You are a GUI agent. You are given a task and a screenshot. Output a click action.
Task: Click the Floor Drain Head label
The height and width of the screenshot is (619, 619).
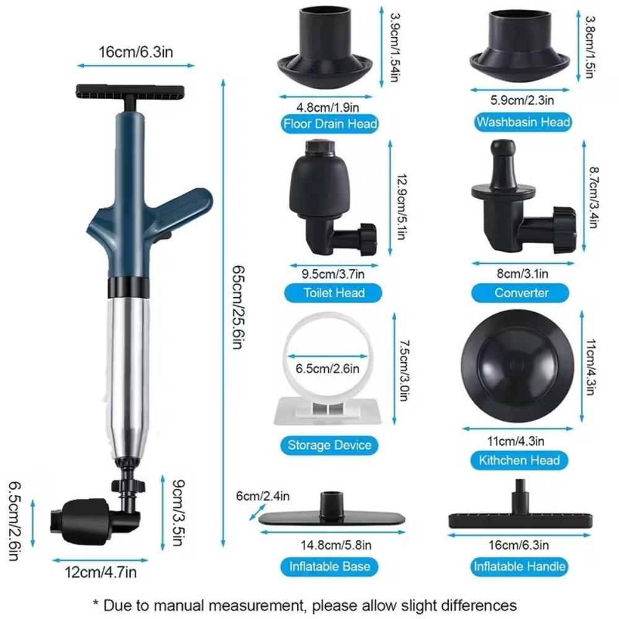330,124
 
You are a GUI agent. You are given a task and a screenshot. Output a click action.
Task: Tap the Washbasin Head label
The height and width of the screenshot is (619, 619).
522,122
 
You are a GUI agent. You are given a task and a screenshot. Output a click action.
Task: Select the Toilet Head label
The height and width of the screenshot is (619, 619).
334,293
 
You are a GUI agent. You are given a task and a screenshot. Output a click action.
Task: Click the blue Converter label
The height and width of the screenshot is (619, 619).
521,293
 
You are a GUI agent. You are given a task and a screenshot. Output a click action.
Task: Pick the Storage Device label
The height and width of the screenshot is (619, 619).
329,444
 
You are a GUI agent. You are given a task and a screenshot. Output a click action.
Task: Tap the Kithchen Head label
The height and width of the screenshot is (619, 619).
519,460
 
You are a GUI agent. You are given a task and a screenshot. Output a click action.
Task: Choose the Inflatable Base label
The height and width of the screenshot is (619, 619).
329,566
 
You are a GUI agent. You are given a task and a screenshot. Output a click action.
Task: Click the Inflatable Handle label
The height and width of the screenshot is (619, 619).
519,566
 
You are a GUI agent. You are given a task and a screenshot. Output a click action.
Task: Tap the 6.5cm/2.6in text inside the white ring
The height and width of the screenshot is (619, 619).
327,370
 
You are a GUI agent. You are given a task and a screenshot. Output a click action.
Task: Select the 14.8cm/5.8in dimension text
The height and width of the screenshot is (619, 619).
327,545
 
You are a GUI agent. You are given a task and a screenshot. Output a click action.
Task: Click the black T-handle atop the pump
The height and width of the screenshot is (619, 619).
130,92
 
